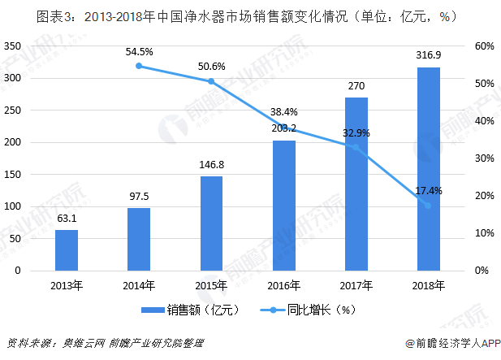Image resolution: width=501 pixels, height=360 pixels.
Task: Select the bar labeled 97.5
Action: click(139, 239)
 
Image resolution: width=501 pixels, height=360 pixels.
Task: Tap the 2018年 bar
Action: click(428, 168)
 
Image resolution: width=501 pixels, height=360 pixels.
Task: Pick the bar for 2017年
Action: click(356, 184)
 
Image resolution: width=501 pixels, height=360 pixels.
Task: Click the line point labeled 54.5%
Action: click(139, 66)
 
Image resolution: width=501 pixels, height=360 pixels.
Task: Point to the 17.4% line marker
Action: click(428, 205)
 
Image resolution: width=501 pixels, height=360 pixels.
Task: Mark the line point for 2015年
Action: click(211, 81)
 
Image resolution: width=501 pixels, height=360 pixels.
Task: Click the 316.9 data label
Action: click(428, 55)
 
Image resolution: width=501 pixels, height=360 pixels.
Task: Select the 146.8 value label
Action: click(211, 164)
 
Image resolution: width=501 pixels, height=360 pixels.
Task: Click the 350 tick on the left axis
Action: click(12, 46)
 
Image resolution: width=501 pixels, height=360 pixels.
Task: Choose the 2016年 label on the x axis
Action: click(283, 285)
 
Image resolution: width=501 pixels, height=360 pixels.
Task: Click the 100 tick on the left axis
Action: click(12, 206)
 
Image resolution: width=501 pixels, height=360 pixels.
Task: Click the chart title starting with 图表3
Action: click(250, 15)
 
